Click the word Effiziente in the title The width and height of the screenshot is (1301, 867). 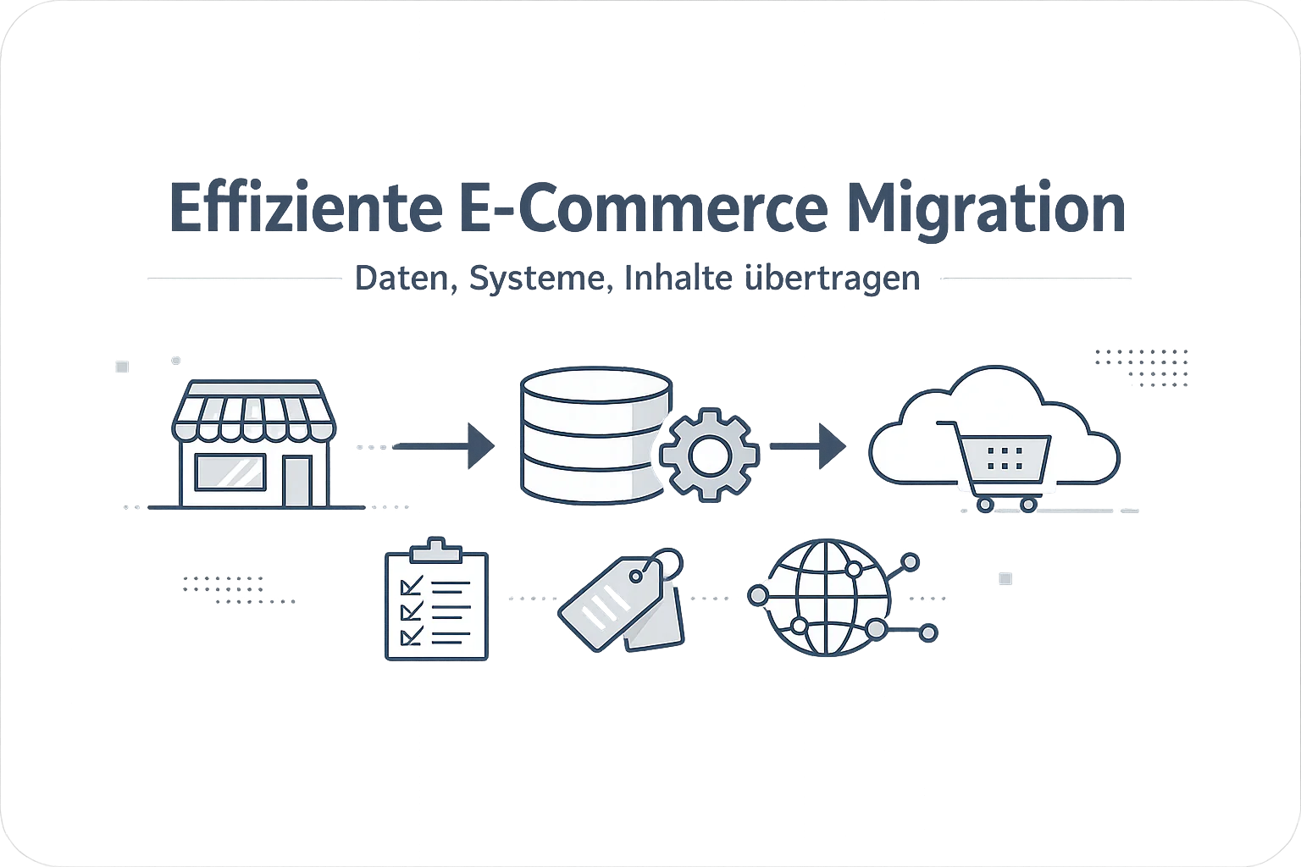tap(306, 208)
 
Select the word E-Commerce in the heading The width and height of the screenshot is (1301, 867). tap(645, 208)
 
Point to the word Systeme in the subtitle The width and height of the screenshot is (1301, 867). tap(540, 279)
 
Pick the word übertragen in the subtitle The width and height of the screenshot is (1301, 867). tap(832, 279)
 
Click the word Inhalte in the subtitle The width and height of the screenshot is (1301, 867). tap(678, 278)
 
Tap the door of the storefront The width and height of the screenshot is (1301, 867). tap(297, 482)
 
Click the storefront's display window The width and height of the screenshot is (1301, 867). tap(230, 472)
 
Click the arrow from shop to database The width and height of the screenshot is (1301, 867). tap(443, 446)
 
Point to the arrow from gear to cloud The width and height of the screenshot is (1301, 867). tap(808, 446)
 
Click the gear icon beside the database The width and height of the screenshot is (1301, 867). tap(709, 455)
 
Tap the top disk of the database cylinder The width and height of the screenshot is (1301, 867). tap(596, 384)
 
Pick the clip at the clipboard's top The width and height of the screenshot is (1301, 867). tap(436, 550)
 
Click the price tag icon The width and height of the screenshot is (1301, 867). tap(622, 600)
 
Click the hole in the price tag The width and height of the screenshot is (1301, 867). tap(637, 576)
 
